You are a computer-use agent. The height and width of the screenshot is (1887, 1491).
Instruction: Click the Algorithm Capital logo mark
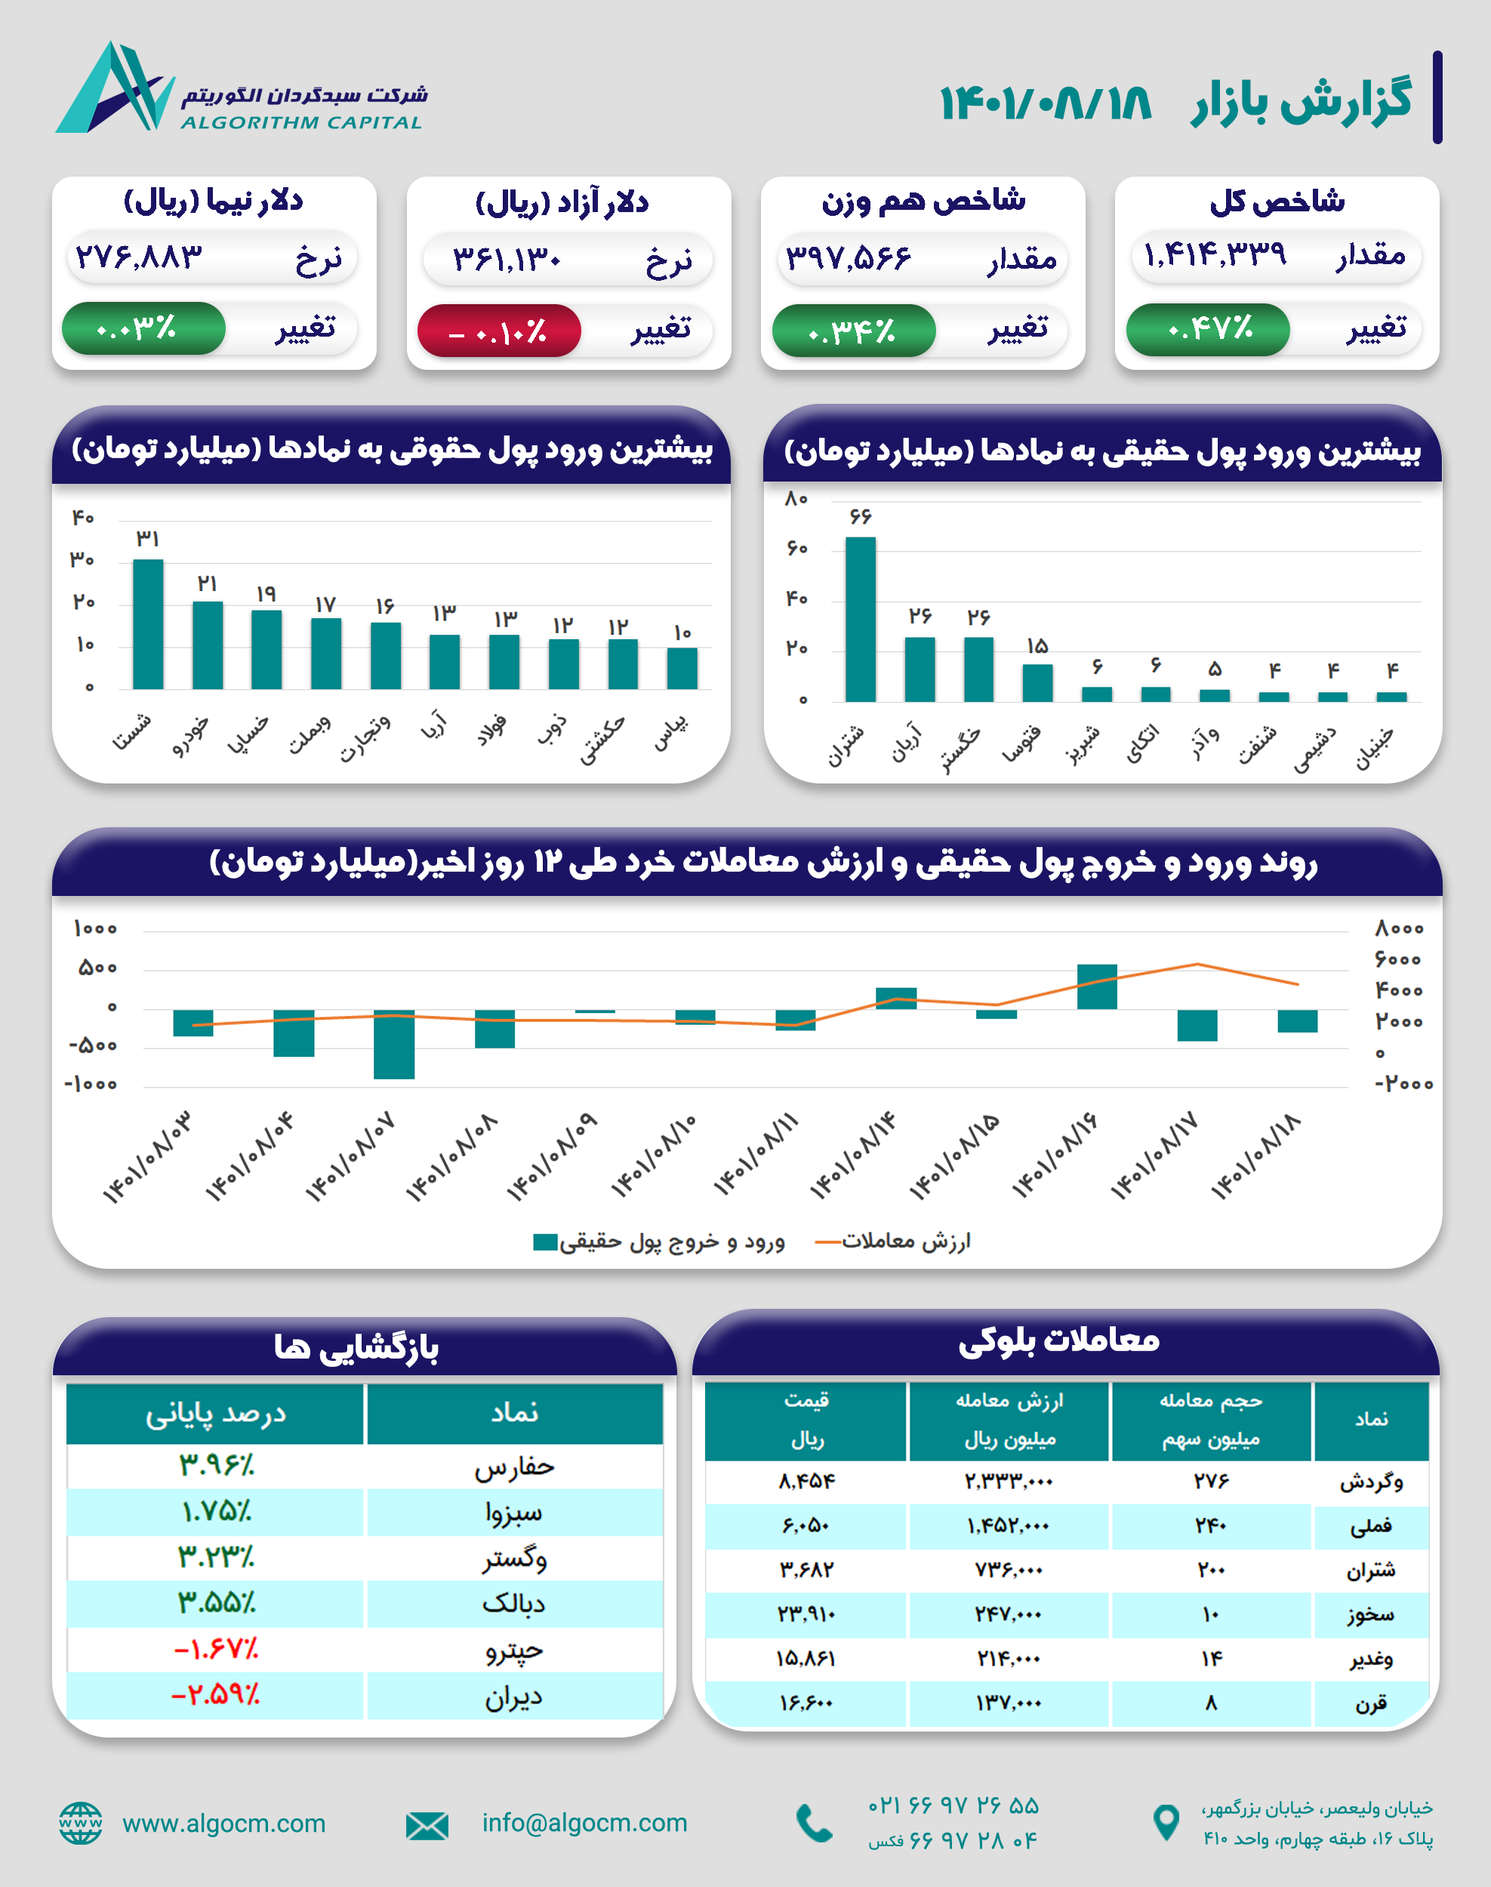tap(114, 88)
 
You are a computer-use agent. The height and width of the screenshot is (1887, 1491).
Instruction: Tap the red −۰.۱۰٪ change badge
tap(498, 331)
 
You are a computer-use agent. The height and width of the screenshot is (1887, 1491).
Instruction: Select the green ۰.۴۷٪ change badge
tap(1207, 329)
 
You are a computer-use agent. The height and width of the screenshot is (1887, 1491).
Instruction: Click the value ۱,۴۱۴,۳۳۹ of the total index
tap(1214, 255)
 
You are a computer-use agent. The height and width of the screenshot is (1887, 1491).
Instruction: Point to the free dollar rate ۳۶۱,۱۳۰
tap(507, 259)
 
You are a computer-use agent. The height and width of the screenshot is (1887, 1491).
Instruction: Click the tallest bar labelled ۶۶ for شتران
tap(860, 619)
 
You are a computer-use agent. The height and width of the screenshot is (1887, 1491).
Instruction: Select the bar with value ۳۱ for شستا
tap(147, 624)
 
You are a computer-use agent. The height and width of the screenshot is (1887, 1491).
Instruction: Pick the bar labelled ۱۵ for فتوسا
tap(1037, 682)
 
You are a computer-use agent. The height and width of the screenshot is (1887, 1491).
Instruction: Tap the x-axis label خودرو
tap(191, 737)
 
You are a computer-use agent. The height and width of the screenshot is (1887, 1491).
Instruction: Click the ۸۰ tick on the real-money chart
tap(796, 499)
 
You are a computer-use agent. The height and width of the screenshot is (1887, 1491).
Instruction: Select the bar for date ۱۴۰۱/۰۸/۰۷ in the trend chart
tap(394, 1044)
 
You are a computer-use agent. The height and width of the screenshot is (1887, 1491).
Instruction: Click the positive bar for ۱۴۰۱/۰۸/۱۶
tap(1096, 987)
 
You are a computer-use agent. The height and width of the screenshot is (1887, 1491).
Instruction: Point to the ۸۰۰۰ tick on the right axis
tap(1398, 928)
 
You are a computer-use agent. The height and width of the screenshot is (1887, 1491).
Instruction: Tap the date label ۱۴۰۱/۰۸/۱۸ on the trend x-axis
tap(1256, 1157)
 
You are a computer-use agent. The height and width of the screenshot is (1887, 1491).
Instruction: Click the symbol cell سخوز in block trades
tap(1369, 1615)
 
